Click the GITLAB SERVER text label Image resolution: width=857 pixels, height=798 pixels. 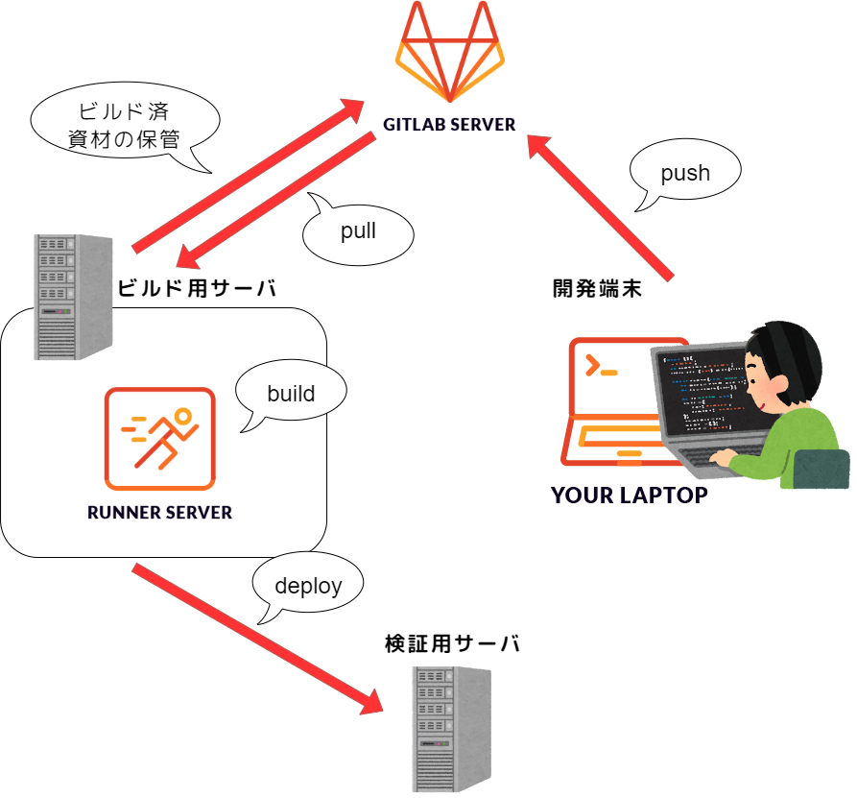coord(449,125)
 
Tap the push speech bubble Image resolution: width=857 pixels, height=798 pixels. coord(685,174)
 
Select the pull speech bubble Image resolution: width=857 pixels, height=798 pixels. coord(358,231)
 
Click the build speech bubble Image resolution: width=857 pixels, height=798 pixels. coord(291,393)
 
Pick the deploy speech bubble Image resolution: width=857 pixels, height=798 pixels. coord(308,586)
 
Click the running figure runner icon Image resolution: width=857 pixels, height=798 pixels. coord(160,440)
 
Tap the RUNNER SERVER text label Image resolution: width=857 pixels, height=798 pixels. coord(159,513)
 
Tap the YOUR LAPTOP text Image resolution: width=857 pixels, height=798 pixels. coord(629,496)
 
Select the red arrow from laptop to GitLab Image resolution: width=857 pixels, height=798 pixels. coord(605,206)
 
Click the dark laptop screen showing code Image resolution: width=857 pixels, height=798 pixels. coord(704,394)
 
